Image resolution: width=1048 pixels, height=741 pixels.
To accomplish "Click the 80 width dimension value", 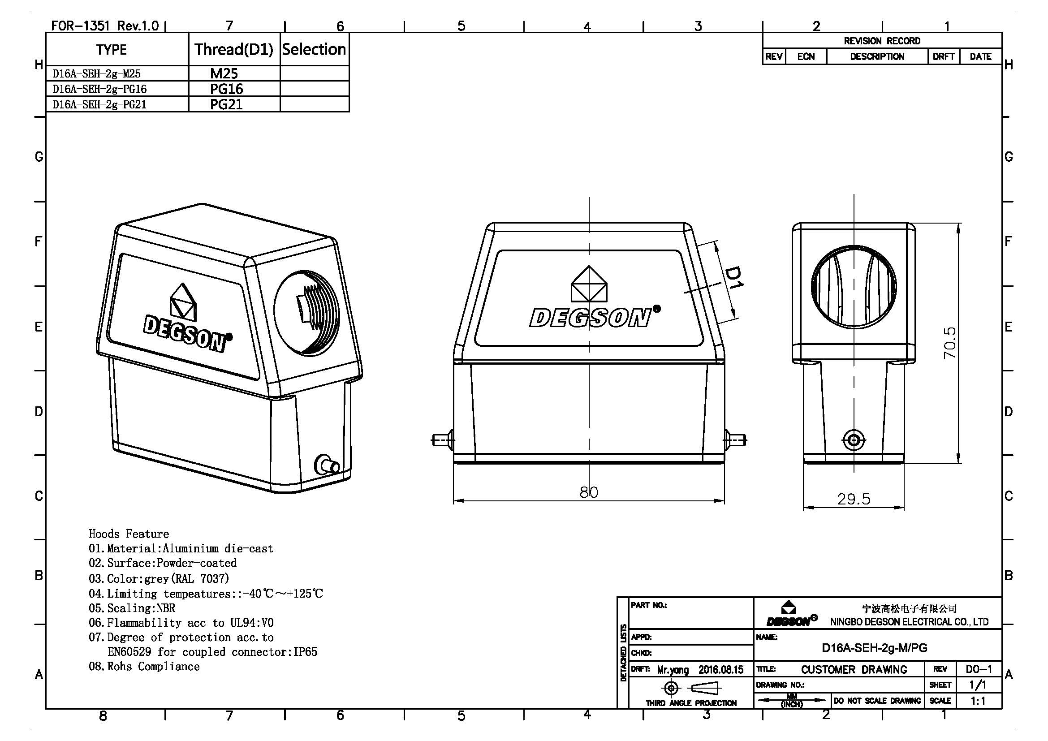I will point(588,492).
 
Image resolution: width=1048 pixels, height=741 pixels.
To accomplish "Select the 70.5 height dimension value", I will point(949,343).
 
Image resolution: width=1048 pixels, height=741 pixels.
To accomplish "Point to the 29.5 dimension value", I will point(854,499).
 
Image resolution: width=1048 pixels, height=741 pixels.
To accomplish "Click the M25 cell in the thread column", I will point(224,73).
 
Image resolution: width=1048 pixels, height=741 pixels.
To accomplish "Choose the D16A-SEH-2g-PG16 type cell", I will point(99,89).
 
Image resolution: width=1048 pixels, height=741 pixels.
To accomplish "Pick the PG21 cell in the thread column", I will point(226,104).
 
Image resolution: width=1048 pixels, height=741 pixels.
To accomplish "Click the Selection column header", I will point(314,49).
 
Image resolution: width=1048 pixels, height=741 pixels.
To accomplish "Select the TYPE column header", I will point(112,50).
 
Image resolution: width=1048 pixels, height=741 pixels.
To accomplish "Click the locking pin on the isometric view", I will point(327,465).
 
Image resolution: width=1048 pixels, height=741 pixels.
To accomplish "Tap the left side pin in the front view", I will point(441,440).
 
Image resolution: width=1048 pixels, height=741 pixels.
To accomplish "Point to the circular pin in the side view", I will point(854,440).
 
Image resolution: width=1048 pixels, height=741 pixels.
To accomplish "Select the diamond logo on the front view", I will point(589,284).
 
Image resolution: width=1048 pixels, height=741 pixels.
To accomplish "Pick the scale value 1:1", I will point(977,701).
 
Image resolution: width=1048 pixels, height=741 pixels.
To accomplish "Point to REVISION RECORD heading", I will point(881,41).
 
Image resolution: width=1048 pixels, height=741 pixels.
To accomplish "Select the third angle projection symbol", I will point(691,688).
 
